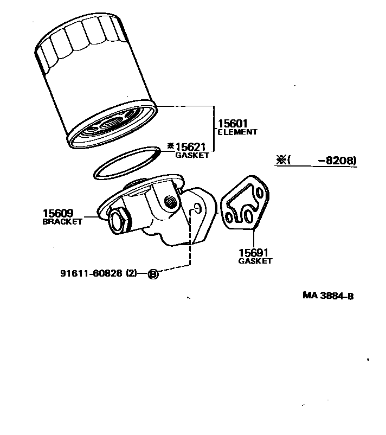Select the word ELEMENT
point(237,132)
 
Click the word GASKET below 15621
point(192,155)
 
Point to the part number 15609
point(58,213)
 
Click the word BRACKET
point(62,221)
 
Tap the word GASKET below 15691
point(255,261)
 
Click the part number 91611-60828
point(92,273)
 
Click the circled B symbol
point(153,274)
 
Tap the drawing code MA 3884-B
point(329,296)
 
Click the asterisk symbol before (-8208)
point(281,160)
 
